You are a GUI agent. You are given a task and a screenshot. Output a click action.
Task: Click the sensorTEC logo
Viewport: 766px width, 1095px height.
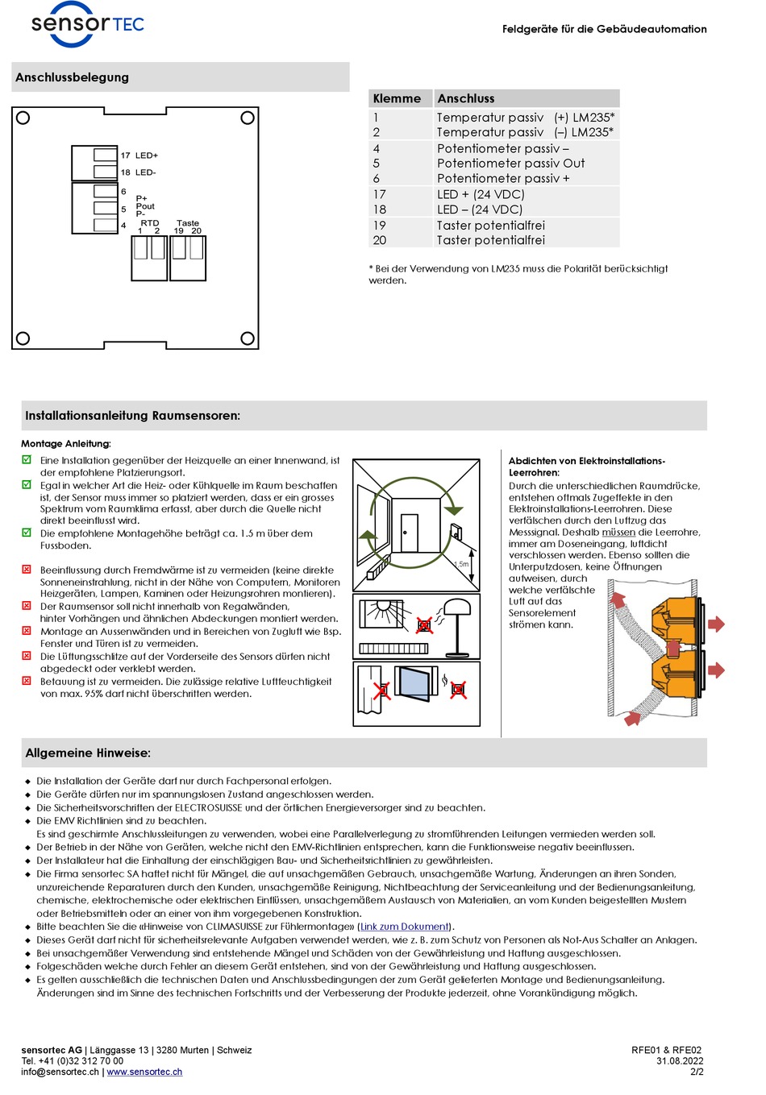click(87, 23)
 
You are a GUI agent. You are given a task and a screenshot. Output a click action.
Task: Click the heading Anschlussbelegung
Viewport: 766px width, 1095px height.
click(72, 77)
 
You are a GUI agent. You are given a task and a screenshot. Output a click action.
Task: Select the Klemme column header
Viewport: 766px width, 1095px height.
click(397, 98)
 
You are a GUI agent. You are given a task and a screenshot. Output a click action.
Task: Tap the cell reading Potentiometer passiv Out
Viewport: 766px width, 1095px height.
click(510, 164)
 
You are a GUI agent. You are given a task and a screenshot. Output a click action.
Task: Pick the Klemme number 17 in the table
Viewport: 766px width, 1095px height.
click(380, 194)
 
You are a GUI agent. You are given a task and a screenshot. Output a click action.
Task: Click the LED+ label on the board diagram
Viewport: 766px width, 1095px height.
click(147, 156)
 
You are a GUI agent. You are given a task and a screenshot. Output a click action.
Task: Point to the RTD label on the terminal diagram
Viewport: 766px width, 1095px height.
click(150, 223)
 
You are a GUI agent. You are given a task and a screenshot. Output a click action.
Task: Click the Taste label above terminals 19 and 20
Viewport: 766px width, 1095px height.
click(188, 223)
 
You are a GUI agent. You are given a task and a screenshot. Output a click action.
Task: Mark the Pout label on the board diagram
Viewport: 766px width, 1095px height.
click(145, 206)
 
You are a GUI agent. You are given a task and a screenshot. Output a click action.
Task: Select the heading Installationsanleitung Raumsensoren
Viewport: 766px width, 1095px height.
click(132, 416)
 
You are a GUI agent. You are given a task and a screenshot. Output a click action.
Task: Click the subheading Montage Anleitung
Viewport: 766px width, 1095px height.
click(66, 444)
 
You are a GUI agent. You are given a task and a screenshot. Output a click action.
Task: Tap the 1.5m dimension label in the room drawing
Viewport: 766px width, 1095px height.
click(461, 564)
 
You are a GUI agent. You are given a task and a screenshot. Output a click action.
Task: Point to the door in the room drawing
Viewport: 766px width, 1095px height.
click(410, 533)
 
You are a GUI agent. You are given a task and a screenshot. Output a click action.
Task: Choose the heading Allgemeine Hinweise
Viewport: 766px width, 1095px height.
click(88, 753)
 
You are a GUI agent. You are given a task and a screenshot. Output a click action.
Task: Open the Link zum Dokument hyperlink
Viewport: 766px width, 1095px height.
click(404, 927)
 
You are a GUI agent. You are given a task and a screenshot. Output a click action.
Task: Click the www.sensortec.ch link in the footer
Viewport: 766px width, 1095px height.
click(144, 1072)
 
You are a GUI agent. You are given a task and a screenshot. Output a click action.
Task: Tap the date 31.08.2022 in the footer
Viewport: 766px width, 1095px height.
click(679, 1061)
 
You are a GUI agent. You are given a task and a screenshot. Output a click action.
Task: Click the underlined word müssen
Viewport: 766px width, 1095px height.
click(618, 533)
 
